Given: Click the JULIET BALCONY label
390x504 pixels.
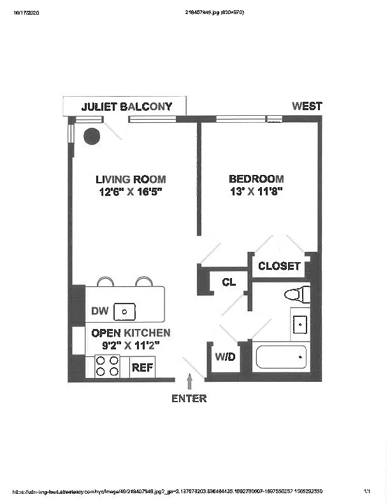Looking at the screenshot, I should pyautogui.click(x=127, y=106).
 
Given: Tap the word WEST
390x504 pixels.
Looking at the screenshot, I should pyautogui.click(x=307, y=106).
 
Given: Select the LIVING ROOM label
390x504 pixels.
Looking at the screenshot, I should pyautogui.click(x=131, y=179).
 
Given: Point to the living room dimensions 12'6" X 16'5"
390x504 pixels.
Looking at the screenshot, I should pyautogui.click(x=130, y=192).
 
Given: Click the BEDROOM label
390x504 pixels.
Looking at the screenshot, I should pyautogui.click(x=256, y=179).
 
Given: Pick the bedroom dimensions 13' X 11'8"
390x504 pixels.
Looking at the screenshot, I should pyautogui.click(x=256, y=192).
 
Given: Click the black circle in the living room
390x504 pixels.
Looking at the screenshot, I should pyautogui.click(x=92, y=136).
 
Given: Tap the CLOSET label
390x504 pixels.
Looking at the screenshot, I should pyautogui.click(x=278, y=266).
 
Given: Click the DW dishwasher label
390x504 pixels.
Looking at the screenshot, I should pyautogui.click(x=99, y=311).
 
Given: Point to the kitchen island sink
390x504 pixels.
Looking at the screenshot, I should pyautogui.click(x=126, y=311).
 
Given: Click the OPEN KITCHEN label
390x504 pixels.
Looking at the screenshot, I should pyautogui.click(x=131, y=333).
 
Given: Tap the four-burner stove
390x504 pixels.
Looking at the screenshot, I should pyautogui.click(x=108, y=367).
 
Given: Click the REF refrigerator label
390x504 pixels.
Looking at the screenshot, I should pyautogui.click(x=141, y=367).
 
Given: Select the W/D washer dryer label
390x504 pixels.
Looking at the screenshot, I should pyautogui.click(x=225, y=357).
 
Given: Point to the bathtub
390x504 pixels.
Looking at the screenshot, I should pyautogui.click(x=281, y=357).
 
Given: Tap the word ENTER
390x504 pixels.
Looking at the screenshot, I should pyautogui.click(x=189, y=398).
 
